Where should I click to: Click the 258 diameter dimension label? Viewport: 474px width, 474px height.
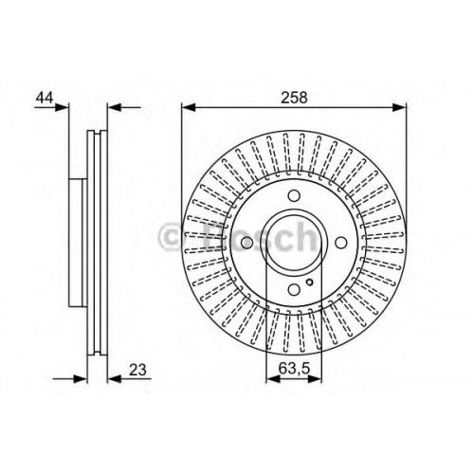click(x=294, y=97)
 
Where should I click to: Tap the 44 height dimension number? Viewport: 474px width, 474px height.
click(x=45, y=98)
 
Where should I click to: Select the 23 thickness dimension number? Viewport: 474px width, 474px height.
click(x=137, y=370)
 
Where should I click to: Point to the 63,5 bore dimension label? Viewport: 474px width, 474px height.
click(x=294, y=369)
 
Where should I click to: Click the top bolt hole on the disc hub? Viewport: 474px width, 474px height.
click(x=294, y=195)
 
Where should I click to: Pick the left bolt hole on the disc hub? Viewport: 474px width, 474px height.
click(x=246, y=243)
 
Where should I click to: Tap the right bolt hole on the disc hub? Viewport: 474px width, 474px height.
click(x=341, y=243)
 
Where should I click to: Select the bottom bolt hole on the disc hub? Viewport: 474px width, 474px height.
click(x=294, y=289)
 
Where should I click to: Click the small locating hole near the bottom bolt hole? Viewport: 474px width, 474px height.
click(x=310, y=283)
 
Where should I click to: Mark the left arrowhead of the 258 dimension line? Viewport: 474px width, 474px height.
click(x=189, y=107)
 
